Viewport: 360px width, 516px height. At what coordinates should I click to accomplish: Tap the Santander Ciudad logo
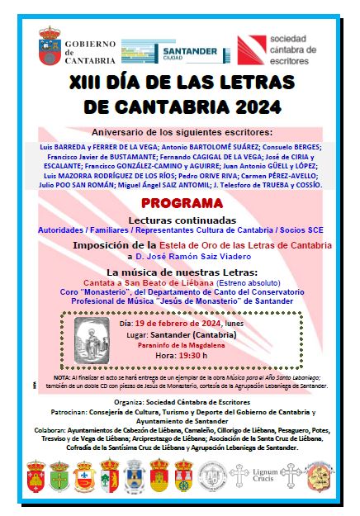click(174, 51)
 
